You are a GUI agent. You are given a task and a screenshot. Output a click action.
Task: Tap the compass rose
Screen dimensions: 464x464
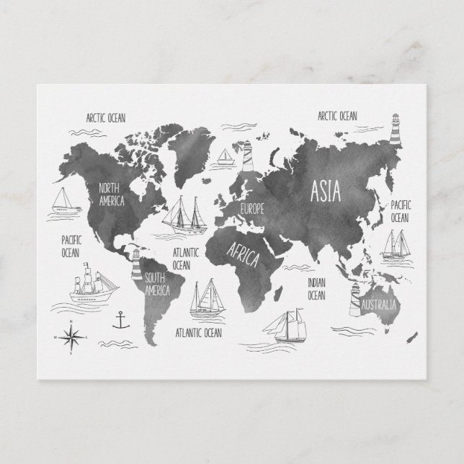click(x=72, y=336)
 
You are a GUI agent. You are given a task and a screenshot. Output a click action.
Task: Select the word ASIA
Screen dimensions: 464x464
click(x=327, y=191)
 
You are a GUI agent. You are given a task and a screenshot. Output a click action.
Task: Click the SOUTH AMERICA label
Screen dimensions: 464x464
click(x=156, y=285)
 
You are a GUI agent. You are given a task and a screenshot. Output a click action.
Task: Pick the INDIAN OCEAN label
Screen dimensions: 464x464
click(x=317, y=289)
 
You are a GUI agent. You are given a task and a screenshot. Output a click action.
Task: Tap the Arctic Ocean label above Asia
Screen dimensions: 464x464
click(x=337, y=115)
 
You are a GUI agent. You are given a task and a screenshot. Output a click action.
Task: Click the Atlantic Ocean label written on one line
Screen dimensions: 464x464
click(x=199, y=333)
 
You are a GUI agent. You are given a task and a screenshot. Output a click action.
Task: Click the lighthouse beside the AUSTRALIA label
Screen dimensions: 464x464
click(x=354, y=300)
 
